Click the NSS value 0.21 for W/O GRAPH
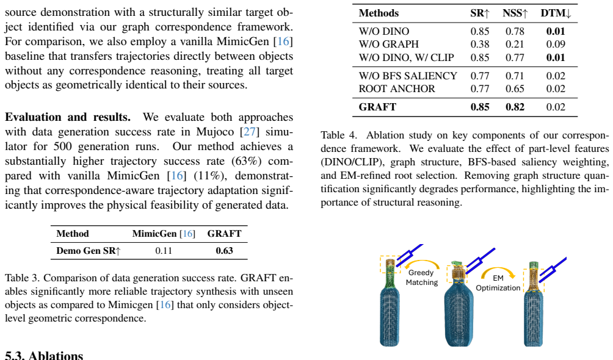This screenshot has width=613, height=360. (x=515, y=44)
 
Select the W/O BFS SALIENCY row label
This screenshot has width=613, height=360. (x=408, y=76)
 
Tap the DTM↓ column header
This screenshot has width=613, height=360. (x=556, y=13)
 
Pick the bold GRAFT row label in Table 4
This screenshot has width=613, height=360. (x=377, y=107)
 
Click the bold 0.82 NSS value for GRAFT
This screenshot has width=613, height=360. (x=515, y=107)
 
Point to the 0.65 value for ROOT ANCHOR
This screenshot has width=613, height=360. (x=515, y=88)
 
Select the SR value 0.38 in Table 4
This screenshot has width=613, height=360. (x=480, y=44)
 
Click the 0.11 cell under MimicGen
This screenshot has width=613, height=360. (x=164, y=251)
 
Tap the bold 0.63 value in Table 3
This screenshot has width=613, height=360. (x=224, y=251)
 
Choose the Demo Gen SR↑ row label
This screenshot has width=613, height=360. (x=89, y=251)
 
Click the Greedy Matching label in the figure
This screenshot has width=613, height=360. (x=421, y=278)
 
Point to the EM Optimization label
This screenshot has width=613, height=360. (x=498, y=283)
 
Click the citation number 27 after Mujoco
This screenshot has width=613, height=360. (x=250, y=132)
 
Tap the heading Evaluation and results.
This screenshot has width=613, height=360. (x=68, y=117)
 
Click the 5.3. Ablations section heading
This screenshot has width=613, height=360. (x=44, y=355)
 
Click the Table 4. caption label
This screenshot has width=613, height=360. (x=339, y=135)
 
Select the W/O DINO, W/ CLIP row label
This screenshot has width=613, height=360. (x=406, y=57)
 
